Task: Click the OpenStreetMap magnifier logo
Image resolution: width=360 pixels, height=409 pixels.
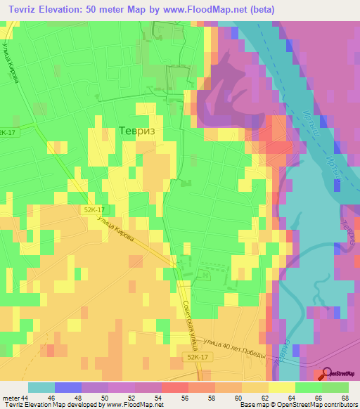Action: pos(328,373)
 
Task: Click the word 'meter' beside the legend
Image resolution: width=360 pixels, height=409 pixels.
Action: pos(11,397)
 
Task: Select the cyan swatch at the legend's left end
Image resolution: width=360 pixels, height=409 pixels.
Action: pos(41,387)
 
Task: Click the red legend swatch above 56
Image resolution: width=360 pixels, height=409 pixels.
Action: pos(174,387)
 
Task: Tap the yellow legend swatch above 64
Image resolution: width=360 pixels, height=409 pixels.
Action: pos(281,387)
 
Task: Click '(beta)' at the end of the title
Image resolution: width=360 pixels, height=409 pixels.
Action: pos(260,9)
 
